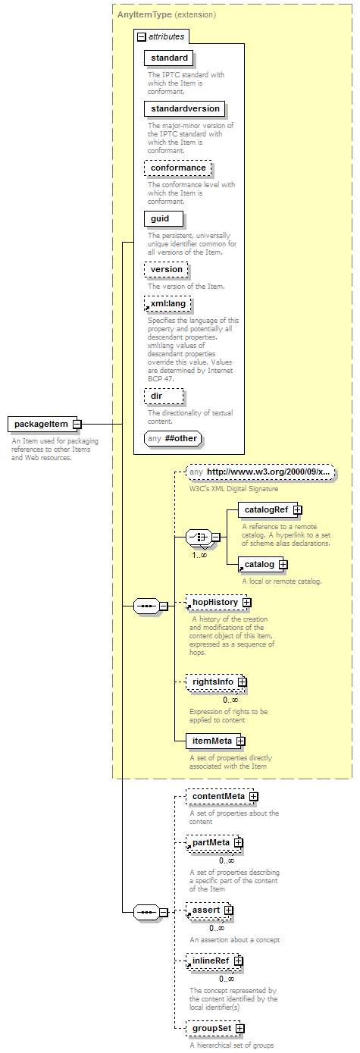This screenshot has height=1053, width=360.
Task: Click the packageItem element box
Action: click(41, 424)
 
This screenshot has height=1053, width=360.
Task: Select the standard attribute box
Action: click(169, 58)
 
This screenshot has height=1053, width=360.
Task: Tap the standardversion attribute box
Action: click(185, 108)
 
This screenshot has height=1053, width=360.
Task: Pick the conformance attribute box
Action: click(178, 168)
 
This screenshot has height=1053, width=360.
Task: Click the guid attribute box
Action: click(164, 218)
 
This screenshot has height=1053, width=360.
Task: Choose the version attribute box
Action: click(166, 269)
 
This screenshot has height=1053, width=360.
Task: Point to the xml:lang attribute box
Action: click(167, 304)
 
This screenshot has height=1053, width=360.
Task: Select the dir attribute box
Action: click(164, 396)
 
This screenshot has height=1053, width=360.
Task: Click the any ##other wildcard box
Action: click(173, 439)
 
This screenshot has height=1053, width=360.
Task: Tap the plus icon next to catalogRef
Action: click(298, 510)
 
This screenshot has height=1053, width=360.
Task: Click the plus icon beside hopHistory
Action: click(247, 603)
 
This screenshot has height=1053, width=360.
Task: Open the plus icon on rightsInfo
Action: click(242, 682)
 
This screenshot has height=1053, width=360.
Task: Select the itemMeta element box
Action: click(214, 741)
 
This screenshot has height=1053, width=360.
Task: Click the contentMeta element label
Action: click(218, 796)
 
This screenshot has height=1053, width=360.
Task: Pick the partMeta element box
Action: click(214, 842)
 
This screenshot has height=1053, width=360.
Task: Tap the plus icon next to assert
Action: click(228, 910)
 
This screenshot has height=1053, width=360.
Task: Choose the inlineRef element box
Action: click(214, 961)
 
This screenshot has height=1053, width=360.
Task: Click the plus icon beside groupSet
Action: click(240, 1029)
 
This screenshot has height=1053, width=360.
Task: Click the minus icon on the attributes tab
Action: click(142, 36)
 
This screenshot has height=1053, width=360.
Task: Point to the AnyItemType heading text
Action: click(144, 14)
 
